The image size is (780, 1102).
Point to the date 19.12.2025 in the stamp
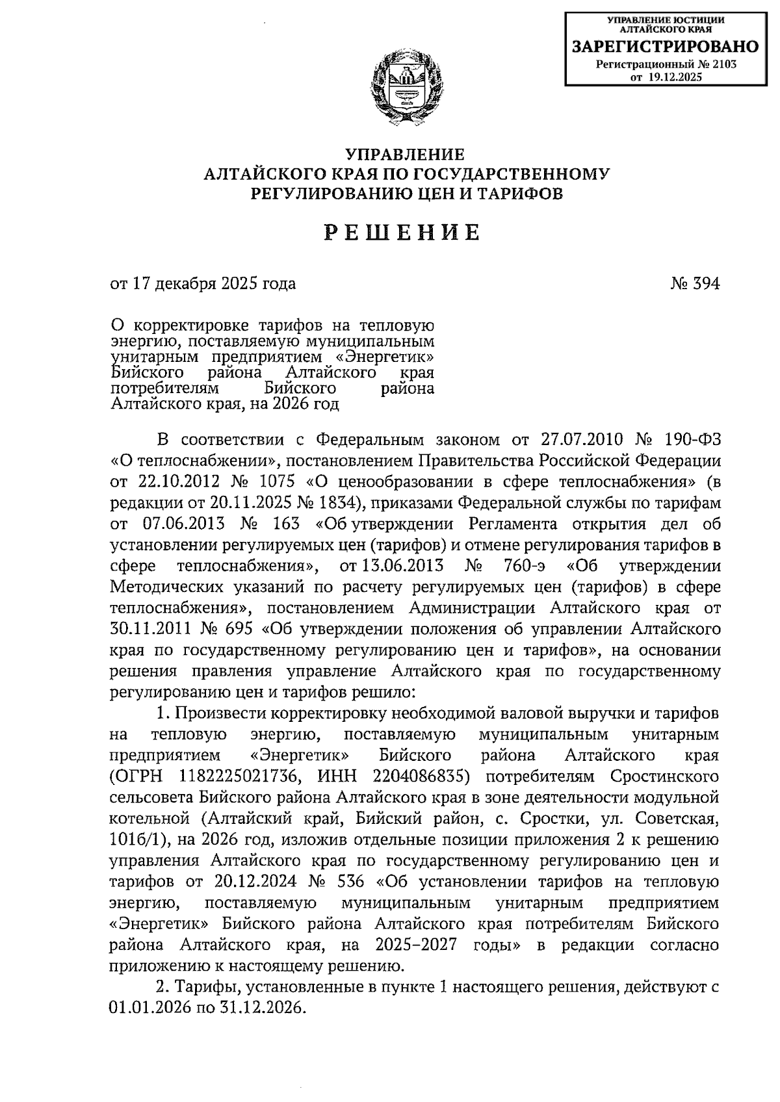coord(675,77)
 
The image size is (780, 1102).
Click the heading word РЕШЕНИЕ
coord(403,232)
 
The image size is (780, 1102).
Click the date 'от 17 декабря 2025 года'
coord(203,283)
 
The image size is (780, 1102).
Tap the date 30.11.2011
coord(145,628)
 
